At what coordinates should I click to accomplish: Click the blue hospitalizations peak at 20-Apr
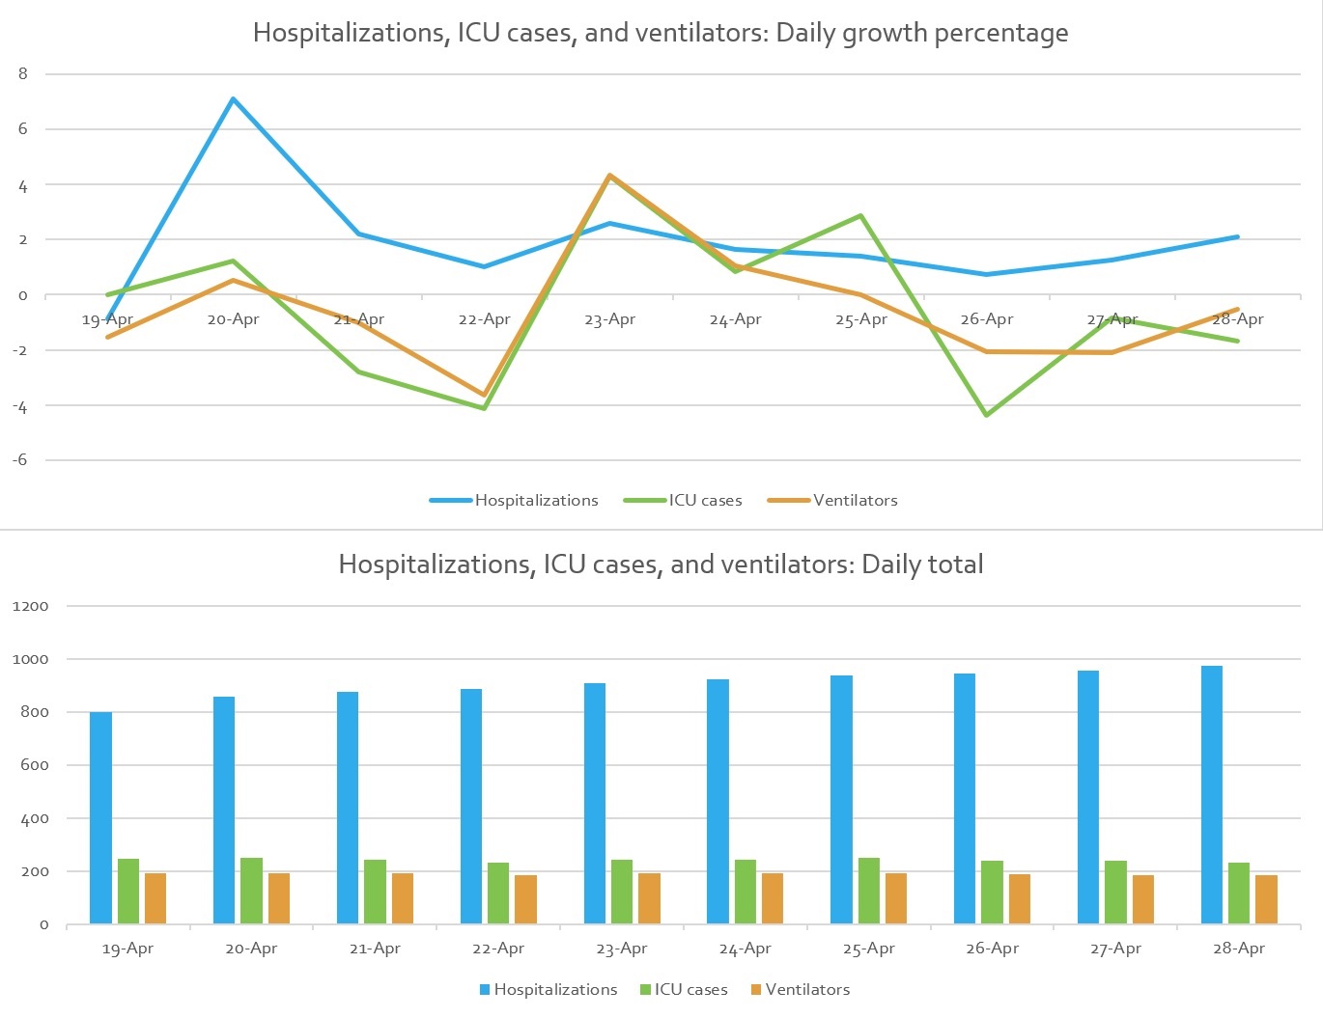click(x=233, y=99)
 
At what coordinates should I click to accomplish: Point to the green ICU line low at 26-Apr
click(x=986, y=415)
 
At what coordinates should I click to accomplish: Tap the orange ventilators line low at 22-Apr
click(x=484, y=395)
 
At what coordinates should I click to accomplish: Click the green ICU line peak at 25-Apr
click(x=860, y=216)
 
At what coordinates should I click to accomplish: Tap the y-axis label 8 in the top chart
click(x=23, y=73)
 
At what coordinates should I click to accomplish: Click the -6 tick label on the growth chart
click(x=20, y=459)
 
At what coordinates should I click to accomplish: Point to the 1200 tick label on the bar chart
click(x=31, y=606)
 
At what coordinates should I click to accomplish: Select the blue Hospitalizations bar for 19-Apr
click(x=100, y=818)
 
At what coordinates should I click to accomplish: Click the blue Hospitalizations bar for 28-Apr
click(x=1212, y=795)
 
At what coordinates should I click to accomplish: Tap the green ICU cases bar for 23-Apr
click(x=622, y=892)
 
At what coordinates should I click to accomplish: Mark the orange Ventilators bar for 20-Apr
click(x=279, y=898)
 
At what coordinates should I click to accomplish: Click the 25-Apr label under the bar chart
click(x=868, y=949)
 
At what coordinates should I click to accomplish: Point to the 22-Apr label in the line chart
click(x=484, y=319)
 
